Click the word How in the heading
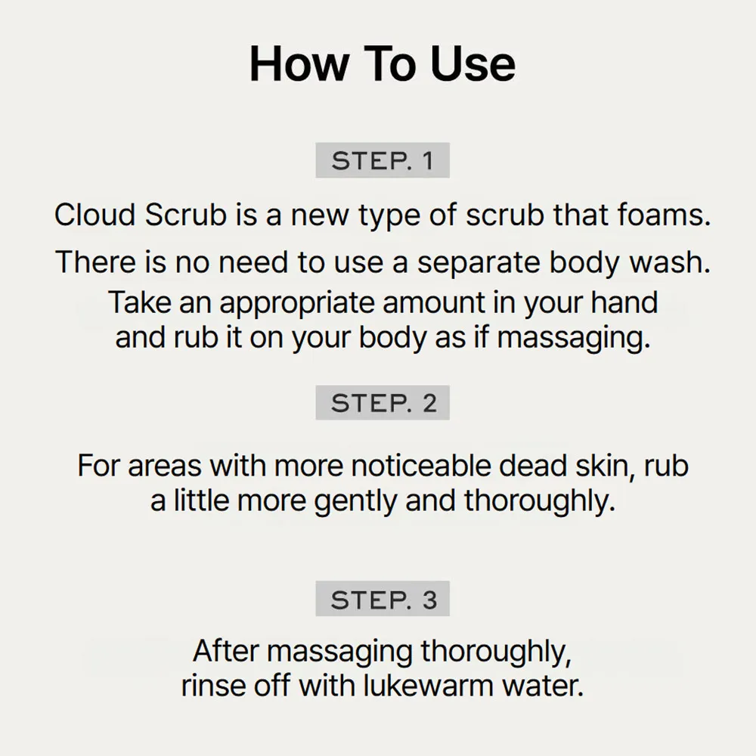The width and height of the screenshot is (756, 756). tap(299, 64)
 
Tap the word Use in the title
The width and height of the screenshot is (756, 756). tap(473, 64)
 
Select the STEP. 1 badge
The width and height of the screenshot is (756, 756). tap(383, 160)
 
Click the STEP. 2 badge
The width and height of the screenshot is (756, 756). tap(383, 403)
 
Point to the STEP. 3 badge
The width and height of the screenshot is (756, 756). tap(383, 599)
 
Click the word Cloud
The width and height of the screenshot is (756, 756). tap(94, 215)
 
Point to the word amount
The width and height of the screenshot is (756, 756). tap(434, 303)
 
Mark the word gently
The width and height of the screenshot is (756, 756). tap(355, 502)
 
